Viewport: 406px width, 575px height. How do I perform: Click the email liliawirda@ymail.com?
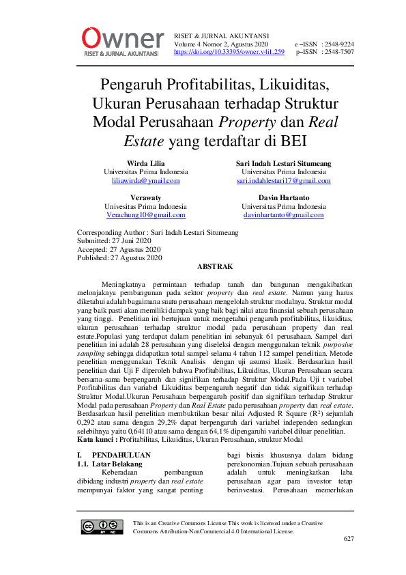(x=146, y=181)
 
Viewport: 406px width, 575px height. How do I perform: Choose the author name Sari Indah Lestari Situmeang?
(x=283, y=163)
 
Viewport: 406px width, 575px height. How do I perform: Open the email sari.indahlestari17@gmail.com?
(x=283, y=181)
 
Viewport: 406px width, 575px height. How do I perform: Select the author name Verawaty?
(x=145, y=197)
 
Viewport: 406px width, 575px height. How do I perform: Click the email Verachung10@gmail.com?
(x=145, y=214)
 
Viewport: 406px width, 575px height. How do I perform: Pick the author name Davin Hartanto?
(x=283, y=197)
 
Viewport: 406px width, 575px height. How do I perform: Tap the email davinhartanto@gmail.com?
(x=283, y=214)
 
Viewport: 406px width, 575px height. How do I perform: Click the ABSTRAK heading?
(x=215, y=266)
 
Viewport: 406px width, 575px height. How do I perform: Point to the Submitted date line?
(x=114, y=241)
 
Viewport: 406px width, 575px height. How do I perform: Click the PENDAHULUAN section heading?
(x=121, y=454)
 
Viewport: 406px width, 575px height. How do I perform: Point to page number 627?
(x=348, y=539)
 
